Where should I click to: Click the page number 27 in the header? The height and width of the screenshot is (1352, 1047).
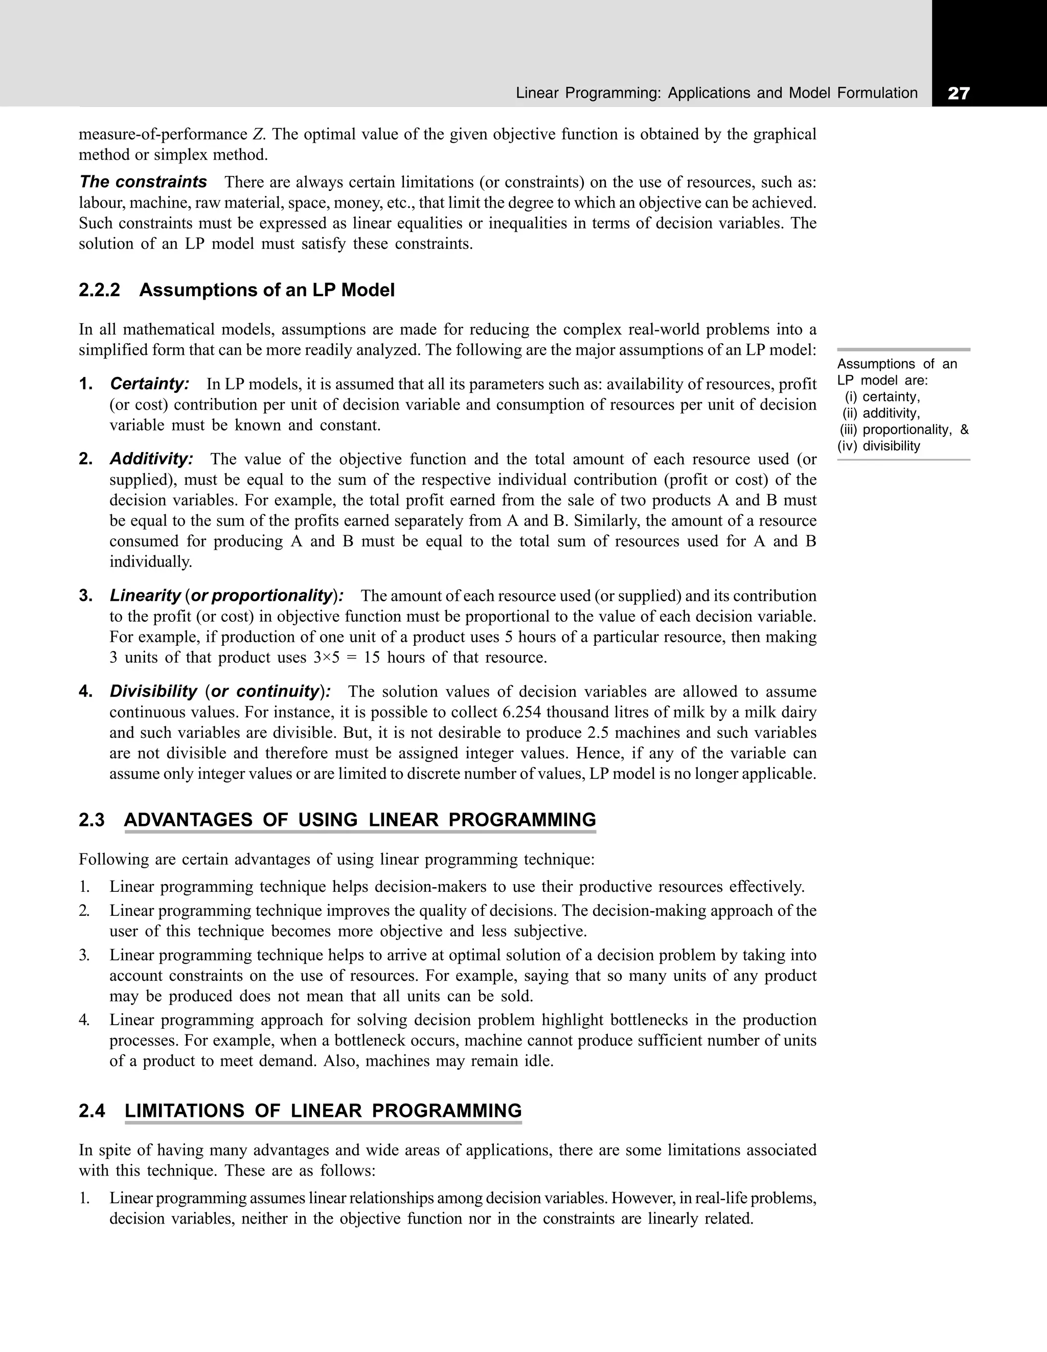[x=958, y=94]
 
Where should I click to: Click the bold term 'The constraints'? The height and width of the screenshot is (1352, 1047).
[x=143, y=182]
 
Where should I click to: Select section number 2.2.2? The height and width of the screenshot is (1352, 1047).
[x=99, y=290]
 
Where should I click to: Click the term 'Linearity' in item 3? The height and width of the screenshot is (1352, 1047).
[x=145, y=596]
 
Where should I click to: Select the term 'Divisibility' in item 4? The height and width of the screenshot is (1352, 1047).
[x=153, y=691]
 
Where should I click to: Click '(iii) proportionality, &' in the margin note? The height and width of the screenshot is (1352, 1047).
[x=904, y=430]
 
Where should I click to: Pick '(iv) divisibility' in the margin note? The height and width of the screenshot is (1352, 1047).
[x=879, y=446]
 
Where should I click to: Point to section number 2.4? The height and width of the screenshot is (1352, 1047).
[x=92, y=1111]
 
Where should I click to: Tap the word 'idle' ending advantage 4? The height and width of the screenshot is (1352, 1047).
[x=537, y=1061]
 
